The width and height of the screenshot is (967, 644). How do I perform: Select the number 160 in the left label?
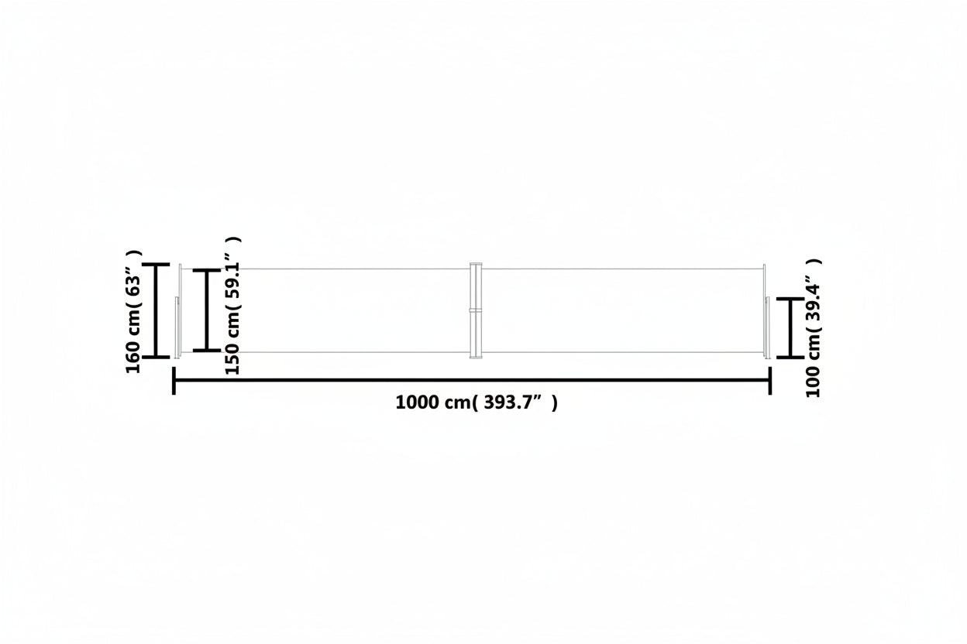pos(133,358)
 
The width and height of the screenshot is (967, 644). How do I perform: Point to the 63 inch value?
pos(133,284)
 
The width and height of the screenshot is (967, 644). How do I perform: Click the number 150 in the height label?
pos(232,359)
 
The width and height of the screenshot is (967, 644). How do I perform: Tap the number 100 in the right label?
pos(813,382)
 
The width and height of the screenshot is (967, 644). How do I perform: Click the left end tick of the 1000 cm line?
pos(174,381)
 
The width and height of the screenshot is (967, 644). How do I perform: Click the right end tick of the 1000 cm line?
pos(770,381)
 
